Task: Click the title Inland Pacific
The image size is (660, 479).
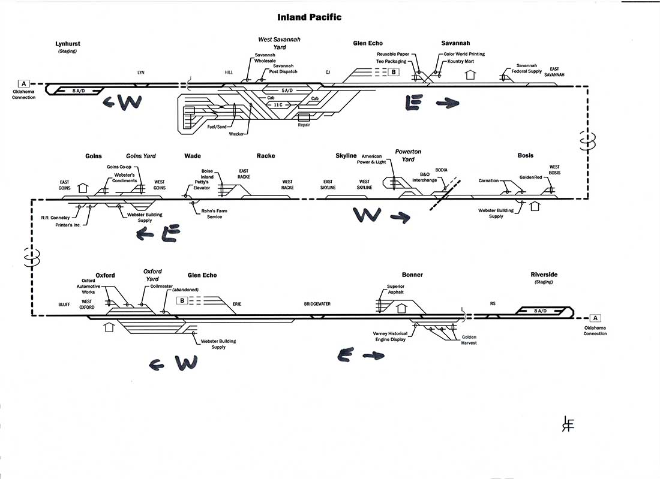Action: click(x=310, y=17)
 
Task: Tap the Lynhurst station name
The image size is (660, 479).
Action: click(x=67, y=44)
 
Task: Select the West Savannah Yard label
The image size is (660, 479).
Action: click(x=279, y=43)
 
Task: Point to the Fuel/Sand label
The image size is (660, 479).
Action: click(x=216, y=126)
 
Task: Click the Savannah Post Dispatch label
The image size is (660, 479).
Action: click(x=283, y=69)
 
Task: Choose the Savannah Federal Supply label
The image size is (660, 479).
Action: click(x=527, y=68)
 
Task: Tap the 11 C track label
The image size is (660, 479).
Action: click(x=277, y=104)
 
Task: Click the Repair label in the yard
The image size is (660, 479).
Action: click(x=304, y=125)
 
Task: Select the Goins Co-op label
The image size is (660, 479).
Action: click(x=119, y=166)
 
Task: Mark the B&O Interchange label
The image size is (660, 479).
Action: click(x=425, y=177)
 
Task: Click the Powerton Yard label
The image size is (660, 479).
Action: click(x=408, y=155)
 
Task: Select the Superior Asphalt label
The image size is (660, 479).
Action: click(x=395, y=289)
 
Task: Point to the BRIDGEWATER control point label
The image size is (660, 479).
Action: click(x=317, y=304)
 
